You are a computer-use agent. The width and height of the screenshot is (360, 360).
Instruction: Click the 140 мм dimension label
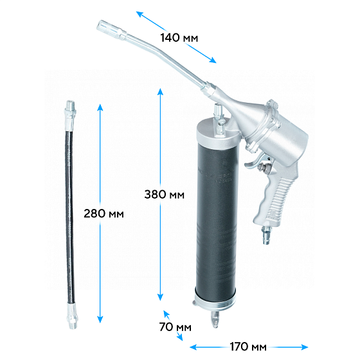179,38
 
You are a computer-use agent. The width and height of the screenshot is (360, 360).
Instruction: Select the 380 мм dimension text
164,195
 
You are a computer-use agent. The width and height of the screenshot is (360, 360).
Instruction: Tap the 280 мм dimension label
104,213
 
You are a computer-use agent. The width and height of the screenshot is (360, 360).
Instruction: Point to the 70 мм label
175,327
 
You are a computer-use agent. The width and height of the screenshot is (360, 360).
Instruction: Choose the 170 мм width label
248,346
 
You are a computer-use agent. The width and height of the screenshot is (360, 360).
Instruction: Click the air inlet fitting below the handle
266,235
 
